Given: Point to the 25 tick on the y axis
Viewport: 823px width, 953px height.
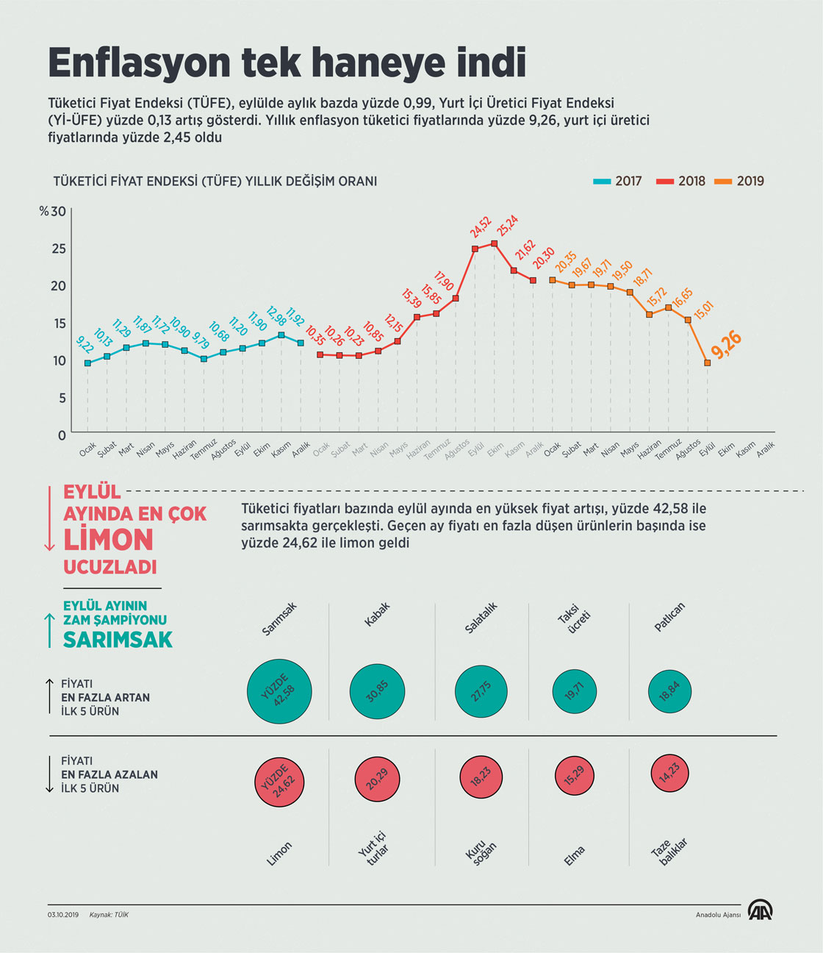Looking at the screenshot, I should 58,249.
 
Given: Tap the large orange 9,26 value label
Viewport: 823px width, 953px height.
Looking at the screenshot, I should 727,345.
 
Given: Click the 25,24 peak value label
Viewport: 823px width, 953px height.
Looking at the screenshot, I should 508,225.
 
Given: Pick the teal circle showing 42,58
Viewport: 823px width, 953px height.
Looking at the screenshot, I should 280,691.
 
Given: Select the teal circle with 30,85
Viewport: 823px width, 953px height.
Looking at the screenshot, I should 377,692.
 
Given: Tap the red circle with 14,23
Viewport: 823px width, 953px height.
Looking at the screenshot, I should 669,774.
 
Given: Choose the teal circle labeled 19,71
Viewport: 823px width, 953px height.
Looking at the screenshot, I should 575,691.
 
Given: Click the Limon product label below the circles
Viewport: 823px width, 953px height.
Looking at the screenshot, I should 279,854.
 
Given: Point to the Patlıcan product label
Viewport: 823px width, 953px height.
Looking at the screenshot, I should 669,617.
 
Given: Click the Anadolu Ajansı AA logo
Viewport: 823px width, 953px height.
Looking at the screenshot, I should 761,910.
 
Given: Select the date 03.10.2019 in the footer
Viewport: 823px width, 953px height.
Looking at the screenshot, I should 63,915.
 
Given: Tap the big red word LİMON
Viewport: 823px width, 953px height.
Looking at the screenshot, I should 108,540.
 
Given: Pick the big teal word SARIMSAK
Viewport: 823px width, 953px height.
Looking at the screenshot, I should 118,640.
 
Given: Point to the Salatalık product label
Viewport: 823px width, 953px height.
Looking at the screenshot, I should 481,618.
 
